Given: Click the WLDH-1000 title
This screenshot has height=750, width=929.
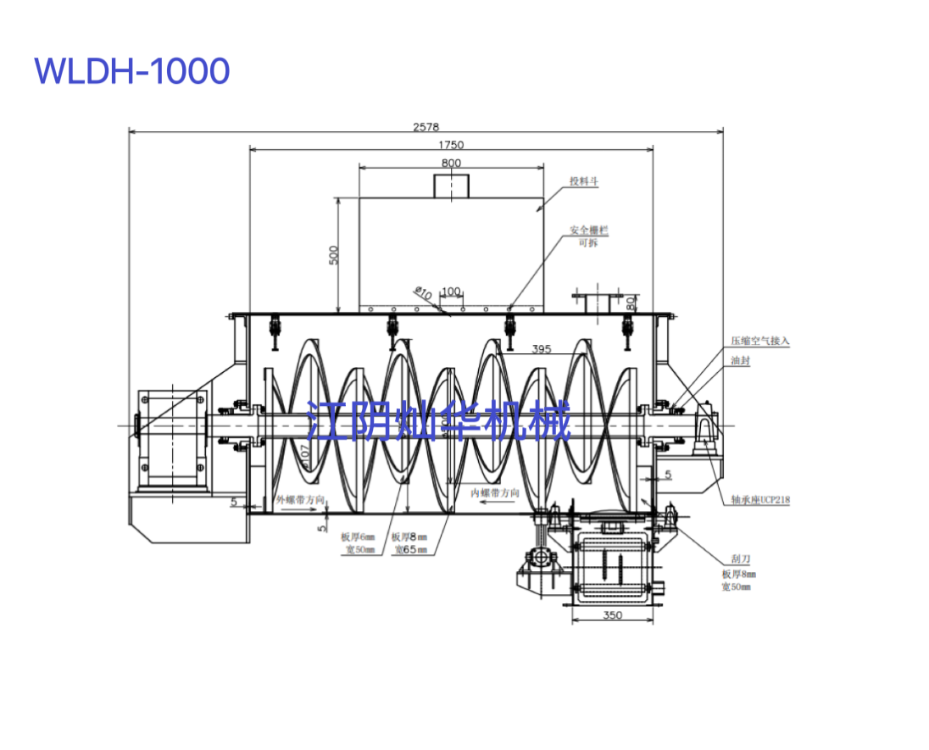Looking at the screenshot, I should coord(132,71).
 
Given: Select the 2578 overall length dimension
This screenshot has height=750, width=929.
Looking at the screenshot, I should coord(426,126).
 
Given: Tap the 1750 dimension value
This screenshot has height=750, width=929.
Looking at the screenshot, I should coord(451,145).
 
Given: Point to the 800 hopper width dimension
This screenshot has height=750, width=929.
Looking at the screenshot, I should coord(451,163).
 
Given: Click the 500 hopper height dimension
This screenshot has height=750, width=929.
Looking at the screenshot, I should coord(333,255).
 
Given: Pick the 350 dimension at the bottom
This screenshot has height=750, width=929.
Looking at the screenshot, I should coord(612,615).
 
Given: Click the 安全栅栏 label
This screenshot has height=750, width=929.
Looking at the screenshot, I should coord(588,230).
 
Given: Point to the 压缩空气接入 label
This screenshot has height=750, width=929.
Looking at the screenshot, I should coord(760,341).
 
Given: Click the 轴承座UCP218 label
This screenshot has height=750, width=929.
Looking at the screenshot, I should coord(760,500).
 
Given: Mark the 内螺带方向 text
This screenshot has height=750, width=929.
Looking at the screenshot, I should coord(495,492).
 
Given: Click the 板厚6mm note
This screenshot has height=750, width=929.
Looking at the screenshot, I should coord(357,537).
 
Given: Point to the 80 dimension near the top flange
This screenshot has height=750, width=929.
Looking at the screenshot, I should coord(631,301).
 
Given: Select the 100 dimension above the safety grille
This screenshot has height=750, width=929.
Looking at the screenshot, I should coord(451,292).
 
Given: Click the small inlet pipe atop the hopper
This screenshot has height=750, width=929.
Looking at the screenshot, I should coord(451,186).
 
